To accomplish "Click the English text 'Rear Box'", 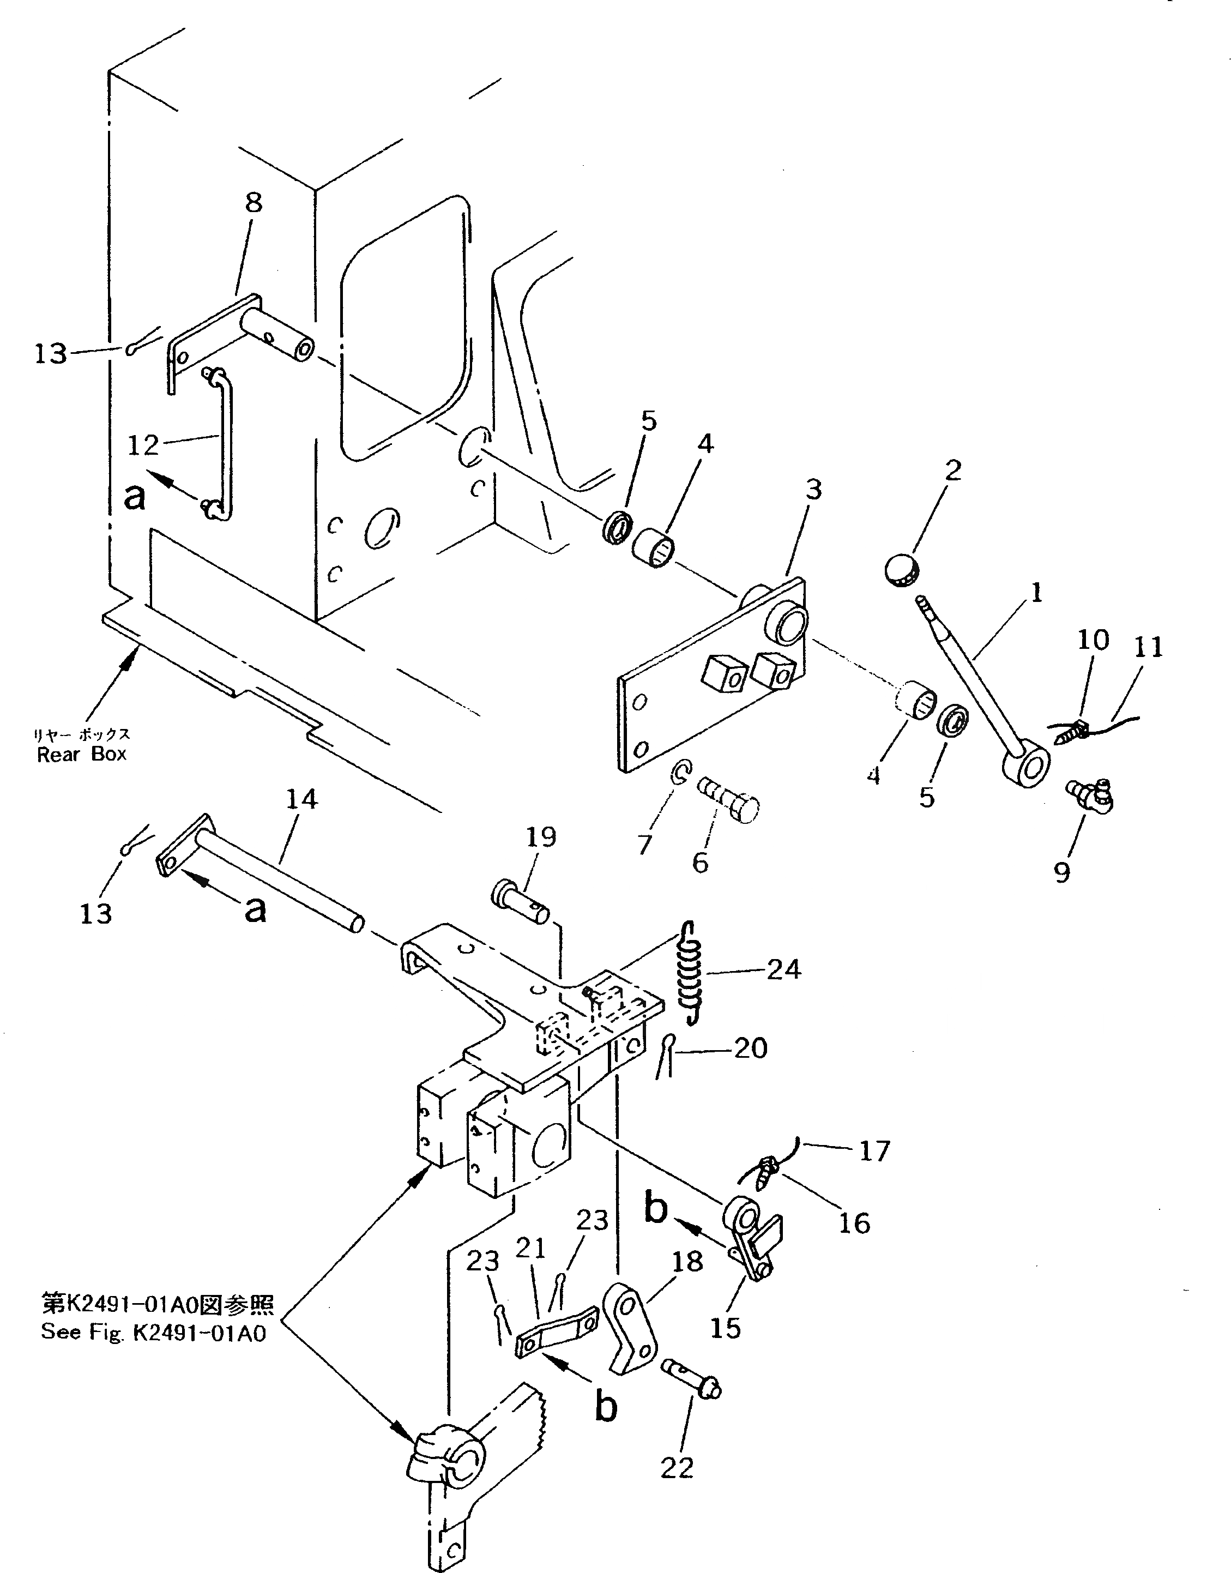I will (81, 754).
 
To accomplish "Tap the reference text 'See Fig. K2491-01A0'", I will (153, 1332).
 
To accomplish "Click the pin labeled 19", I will (521, 900).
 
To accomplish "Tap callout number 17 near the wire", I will (875, 1152).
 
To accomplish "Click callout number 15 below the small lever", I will (725, 1329).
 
